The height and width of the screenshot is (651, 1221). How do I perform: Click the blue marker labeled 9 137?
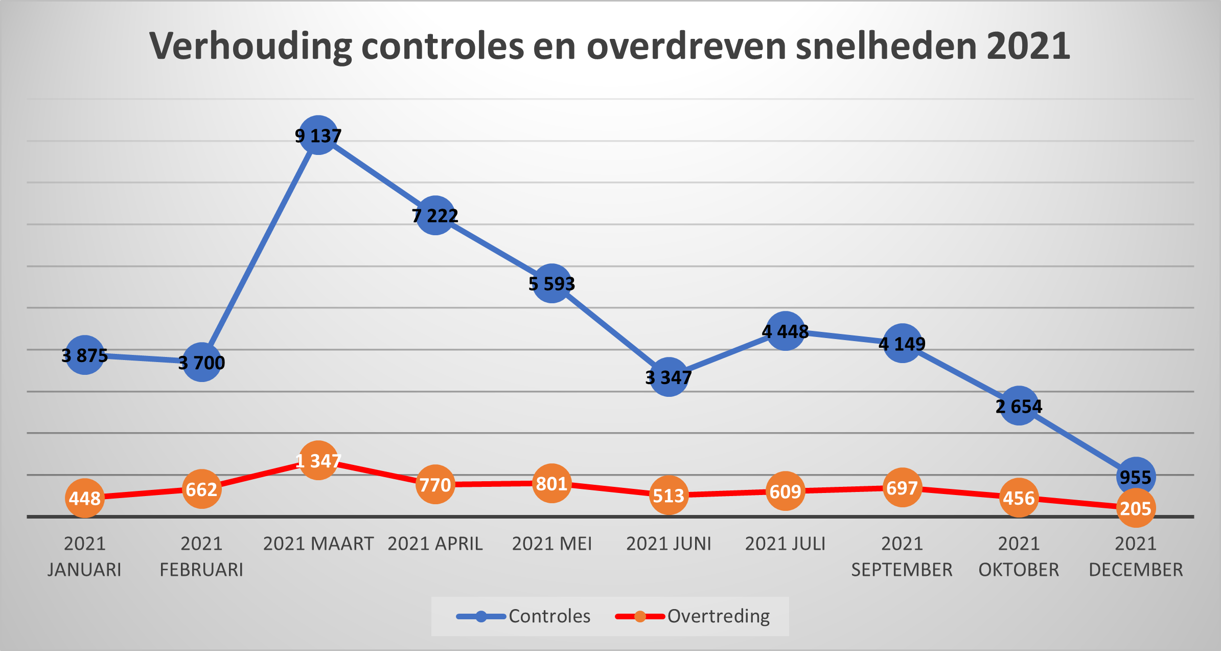pos(318,136)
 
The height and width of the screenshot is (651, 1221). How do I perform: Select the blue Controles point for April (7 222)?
pos(435,215)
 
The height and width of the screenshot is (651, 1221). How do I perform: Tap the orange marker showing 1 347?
pos(318,461)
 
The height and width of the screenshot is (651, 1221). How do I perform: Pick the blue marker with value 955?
pos(1136,477)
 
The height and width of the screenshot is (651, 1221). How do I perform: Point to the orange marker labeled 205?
pos(1136,508)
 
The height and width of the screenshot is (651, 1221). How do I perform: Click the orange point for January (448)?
pos(85,498)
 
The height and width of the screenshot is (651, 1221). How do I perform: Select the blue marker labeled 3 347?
pos(669,377)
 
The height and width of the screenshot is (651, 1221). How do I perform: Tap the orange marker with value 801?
pos(552,483)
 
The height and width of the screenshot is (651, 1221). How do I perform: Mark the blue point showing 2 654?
pos(1019,406)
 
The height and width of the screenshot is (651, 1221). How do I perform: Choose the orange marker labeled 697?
pos(902,488)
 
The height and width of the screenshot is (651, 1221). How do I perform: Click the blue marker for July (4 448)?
pos(786,331)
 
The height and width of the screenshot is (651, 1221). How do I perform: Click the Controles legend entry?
pos(523,616)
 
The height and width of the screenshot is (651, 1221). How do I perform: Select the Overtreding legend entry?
pos(693,616)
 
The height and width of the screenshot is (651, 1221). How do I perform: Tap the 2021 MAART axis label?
pos(318,544)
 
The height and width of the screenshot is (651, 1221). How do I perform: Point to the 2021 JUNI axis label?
pos(669,544)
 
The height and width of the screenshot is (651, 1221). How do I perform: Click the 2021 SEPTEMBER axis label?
pos(902,556)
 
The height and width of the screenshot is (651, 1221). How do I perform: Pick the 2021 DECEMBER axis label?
pos(1136,556)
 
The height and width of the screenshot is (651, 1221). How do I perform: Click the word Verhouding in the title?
pos(250,46)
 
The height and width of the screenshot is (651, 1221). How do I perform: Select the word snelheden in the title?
pos(886,46)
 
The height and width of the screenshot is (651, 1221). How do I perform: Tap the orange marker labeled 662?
pos(202,489)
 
